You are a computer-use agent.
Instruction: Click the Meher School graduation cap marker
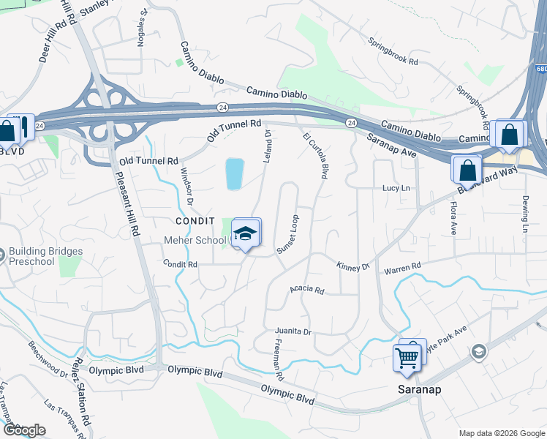click(x=246, y=233)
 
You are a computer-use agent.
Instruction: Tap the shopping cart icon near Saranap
click(x=407, y=357)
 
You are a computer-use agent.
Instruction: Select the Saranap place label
click(x=418, y=389)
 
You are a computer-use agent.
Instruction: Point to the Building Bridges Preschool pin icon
click(x=1, y=255)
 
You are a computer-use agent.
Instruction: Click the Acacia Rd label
click(x=307, y=290)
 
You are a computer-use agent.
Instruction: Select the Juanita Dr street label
click(x=294, y=331)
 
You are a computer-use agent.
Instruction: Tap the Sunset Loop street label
click(x=288, y=235)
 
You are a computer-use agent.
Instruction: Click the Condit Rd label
click(x=181, y=263)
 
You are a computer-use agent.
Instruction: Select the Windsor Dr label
click(x=186, y=186)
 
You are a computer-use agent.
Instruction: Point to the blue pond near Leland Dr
click(x=235, y=174)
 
